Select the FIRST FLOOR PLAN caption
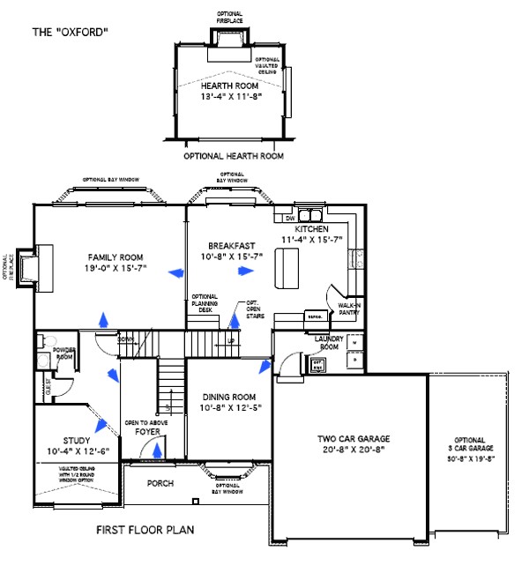[x=145, y=531]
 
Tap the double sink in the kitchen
[x=309, y=216]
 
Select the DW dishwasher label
[x=288, y=219]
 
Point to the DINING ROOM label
[x=229, y=397]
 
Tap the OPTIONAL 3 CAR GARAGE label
[x=469, y=449]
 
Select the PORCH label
[x=160, y=483]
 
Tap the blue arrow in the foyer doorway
[x=157, y=450]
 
